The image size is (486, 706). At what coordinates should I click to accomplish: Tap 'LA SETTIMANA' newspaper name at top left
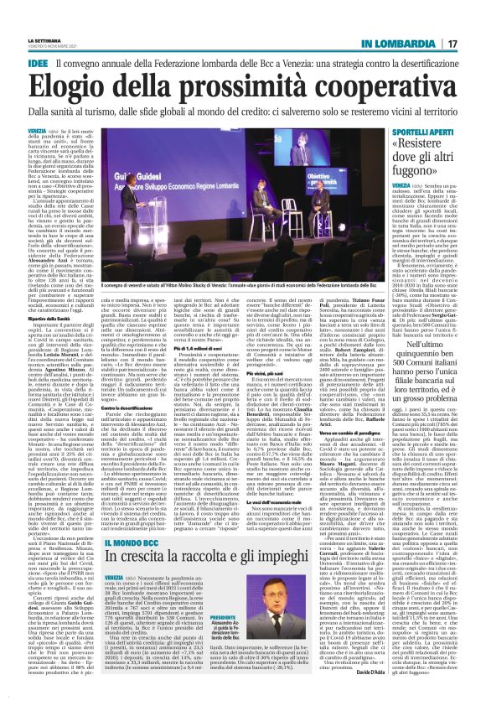(x=43, y=39)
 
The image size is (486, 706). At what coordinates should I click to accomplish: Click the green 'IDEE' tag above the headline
(x=38, y=63)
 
